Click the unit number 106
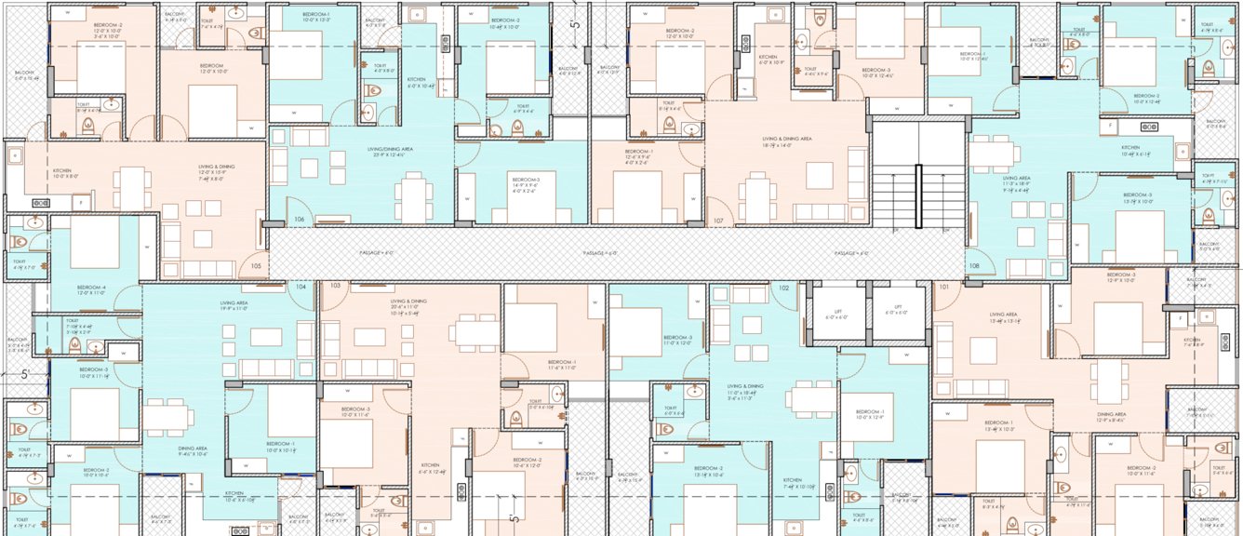(299, 220)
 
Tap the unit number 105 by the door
(256, 265)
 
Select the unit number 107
(718, 221)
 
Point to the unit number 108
(974, 265)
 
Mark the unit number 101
(944, 287)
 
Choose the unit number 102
(783, 288)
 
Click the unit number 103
(334, 286)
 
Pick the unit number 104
(301, 287)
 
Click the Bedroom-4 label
(90, 289)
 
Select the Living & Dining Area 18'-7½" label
(787, 140)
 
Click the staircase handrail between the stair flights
(919, 195)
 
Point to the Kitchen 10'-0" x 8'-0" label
(61, 174)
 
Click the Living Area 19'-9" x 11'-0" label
(234, 306)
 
